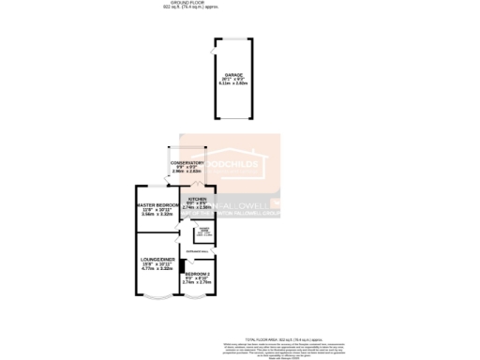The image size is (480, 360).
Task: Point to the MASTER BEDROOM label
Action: [157, 204]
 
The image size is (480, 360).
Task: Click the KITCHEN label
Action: [196, 199]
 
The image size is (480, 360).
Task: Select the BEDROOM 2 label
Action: [197, 273]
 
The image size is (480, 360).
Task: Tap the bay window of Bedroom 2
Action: [198, 298]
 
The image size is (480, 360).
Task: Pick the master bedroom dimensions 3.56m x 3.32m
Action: [157, 214]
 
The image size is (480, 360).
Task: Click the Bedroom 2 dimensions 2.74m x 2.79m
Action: [197, 282]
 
